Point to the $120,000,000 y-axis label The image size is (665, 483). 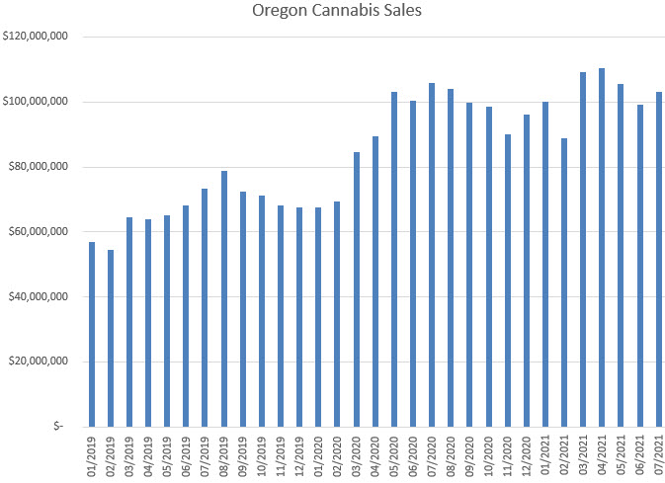[36, 37]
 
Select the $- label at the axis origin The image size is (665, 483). [58, 427]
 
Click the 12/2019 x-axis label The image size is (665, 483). [300, 455]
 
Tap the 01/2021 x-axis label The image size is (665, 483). [546, 455]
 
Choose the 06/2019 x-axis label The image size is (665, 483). [187, 455]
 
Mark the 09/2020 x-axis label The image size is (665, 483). [470, 455]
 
